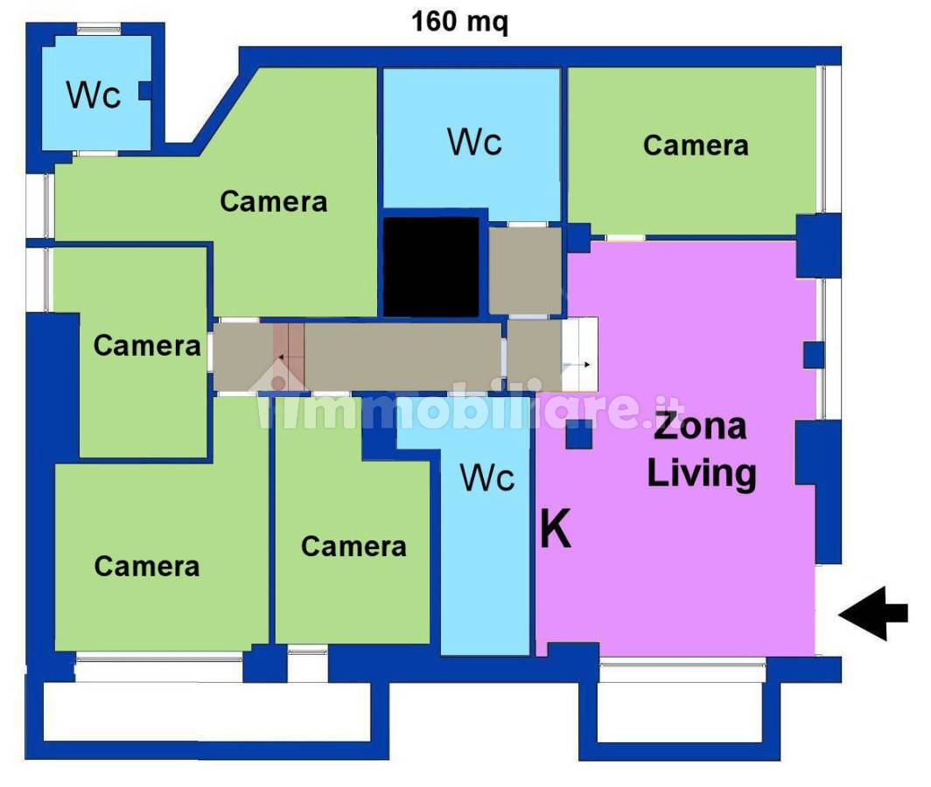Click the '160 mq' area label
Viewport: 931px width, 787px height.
point(459,23)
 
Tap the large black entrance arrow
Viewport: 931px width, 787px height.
point(873,614)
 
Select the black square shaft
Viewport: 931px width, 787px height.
point(431,267)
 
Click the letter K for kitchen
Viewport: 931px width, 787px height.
point(556,528)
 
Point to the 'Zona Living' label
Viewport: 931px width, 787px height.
point(701,449)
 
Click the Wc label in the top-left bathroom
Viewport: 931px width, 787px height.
point(94,94)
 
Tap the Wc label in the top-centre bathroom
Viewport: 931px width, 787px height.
point(474,142)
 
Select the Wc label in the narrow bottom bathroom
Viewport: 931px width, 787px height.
point(486,477)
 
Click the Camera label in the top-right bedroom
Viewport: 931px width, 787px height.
point(696,145)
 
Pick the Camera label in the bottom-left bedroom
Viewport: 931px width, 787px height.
point(147,567)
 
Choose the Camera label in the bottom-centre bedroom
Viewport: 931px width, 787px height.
point(353,547)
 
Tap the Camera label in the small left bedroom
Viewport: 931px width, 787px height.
point(147,345)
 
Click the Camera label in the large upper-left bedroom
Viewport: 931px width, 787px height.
point(273,202)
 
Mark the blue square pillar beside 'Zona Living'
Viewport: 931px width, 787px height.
point(579,435)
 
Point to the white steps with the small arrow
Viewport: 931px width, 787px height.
point(579,354)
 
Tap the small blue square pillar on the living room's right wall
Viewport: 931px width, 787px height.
point(814,355)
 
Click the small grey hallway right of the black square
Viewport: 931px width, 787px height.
point(525,271)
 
